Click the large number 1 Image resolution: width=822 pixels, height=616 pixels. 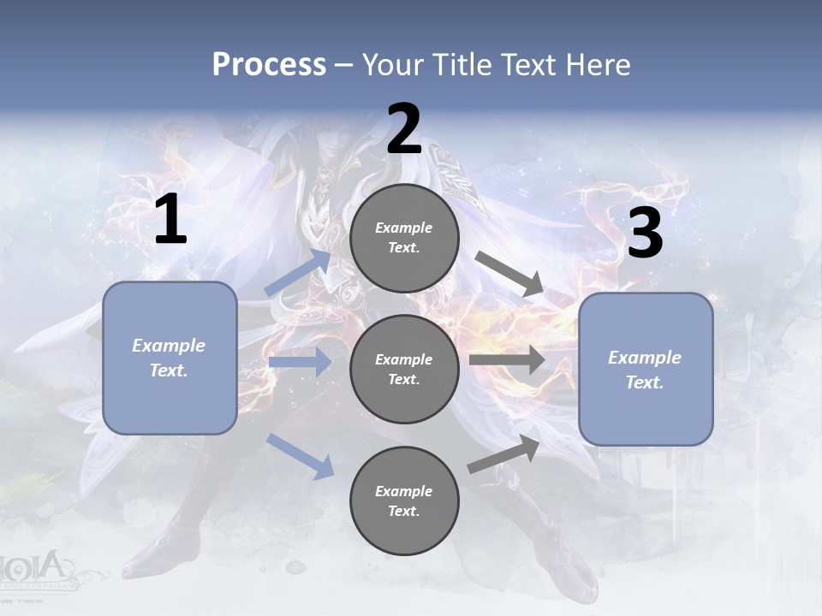click(x=170, y=220)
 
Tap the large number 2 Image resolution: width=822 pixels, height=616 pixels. click(x=404, y=129)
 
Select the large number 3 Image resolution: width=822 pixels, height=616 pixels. click(x=645, y=234)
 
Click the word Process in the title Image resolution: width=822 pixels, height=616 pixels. click(x=269, y=64)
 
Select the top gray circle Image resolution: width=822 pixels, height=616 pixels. click(x=404, y=238)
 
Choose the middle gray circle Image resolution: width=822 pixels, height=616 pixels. click(x=404, y=369)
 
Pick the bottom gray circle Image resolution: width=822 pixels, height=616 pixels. click(x=404, y=500)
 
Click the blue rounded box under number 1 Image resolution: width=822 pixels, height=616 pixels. click(x=170, y=358)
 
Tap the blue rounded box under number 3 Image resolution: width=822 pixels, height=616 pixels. click(x=646, y=369)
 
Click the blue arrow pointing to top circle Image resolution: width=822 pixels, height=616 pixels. click(x=299, y=273)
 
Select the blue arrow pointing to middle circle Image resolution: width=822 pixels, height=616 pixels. click(x=300, y=362)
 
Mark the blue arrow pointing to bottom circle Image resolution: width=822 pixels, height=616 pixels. click(x=301, y=456)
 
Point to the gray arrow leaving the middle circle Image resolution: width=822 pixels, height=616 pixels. click(x=507, y=359)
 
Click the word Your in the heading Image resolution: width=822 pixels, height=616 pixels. click(x=390, y=64)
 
